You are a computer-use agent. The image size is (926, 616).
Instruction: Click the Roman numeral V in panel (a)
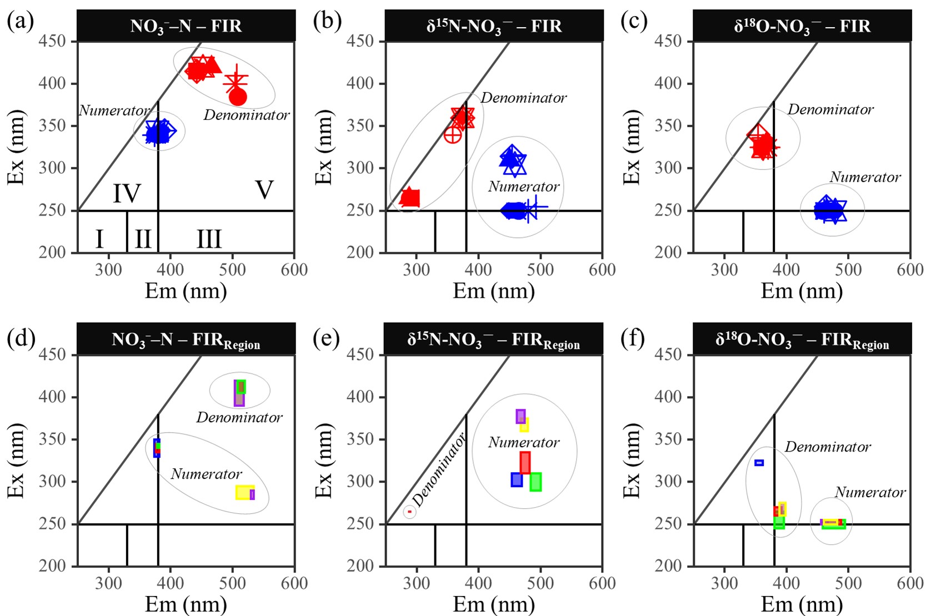(x=264, y=190)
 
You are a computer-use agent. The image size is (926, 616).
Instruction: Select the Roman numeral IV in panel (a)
(x=127, y=193)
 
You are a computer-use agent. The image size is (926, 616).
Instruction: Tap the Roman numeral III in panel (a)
(x=209, y=239)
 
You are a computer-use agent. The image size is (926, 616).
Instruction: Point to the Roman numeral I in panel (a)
(x=99, y=239)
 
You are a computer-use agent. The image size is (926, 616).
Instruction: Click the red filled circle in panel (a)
(x=238, y=97)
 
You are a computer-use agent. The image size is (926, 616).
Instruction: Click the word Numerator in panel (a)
(x=114, y=111)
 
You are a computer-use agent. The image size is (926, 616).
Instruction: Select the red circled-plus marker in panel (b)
(x=453, y=134)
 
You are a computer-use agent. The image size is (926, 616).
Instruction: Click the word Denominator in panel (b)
(x=523, y=98)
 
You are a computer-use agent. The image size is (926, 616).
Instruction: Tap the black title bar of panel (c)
(x=802, y=26)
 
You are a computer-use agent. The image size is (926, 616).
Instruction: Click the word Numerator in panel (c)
(x=865, y=177)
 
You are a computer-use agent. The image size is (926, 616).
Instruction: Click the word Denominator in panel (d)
(x=239, y=417)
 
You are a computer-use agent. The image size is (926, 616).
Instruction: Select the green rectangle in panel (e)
(x=535, y=482)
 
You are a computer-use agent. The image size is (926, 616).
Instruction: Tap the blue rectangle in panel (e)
(x=517, y=479)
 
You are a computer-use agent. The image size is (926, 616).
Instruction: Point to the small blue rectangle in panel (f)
(x=759, y=463)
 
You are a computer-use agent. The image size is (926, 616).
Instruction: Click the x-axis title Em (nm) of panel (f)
(x=802, y=604)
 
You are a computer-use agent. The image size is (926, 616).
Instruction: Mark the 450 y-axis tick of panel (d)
(x=52, y=354)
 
